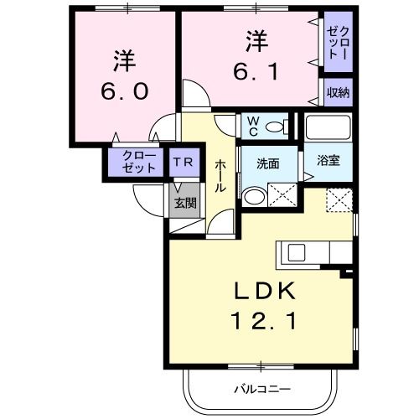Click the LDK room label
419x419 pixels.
pos(261,291)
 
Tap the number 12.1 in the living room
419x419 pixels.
pos(261,319)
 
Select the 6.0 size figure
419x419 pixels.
pos(122,91)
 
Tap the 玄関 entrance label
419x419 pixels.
pos(185,202)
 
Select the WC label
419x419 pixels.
pos(252,126)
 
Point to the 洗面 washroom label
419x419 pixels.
pos(267,163)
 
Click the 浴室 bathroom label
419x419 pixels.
pos(328,162)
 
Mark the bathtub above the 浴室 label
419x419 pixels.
pos(328,127)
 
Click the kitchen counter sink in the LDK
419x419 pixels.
pos(297,253)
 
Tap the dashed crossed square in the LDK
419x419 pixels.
pos(339,201)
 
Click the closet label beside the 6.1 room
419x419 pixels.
pos(339,46)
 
